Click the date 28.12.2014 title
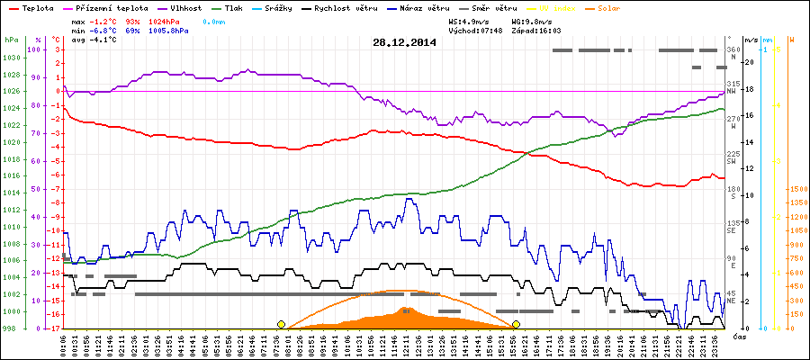click(x=405, y=42)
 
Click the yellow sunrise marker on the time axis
click(x=281, y=324)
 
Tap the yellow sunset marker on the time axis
click(x=517, y=324)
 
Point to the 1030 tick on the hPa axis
click(x=12, y=58)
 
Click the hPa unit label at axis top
click(x=11, y=40)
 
